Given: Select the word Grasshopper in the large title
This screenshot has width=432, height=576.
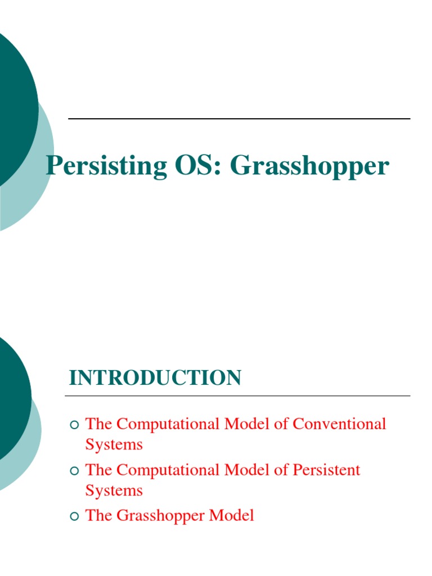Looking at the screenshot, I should [x=309, y=166].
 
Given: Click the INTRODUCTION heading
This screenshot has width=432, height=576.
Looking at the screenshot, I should [x=155, y=378].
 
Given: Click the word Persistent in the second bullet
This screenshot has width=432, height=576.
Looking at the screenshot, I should [x=326, y=470].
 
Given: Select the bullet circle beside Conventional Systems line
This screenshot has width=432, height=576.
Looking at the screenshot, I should [x=74, y=424].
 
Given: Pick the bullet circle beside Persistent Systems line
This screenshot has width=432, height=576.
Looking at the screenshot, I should [x=74, y=470].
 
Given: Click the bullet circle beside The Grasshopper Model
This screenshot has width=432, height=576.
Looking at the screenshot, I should [x=74, y=516].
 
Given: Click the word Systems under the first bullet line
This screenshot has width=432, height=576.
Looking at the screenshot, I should [x=114, y=445].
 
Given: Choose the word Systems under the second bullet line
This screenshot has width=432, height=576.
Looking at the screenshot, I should [x=114, y=491].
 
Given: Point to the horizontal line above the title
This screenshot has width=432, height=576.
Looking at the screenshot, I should [x=239, y=119].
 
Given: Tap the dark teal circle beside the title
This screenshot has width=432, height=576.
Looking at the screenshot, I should [x=14, y=107].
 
